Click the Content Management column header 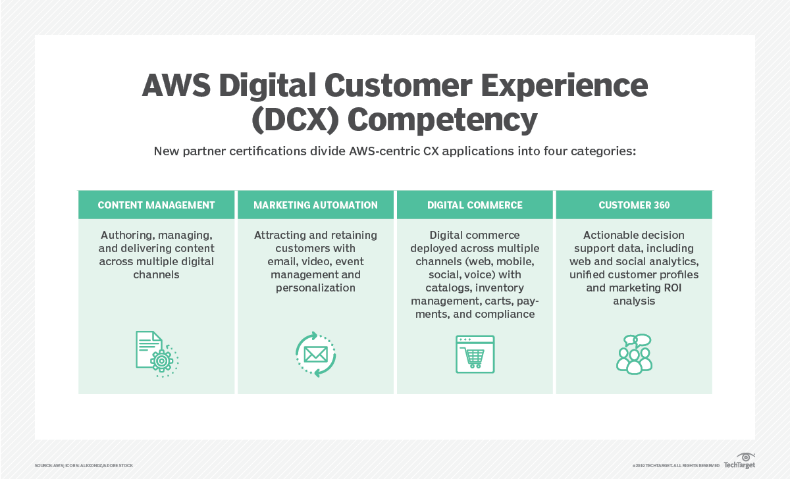point(156,205)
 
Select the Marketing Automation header point(315,205)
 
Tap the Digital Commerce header point(475,205)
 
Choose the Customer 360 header point(634,205)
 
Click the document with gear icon point(157,354)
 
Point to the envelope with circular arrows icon point(315,354)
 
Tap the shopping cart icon point(475,354)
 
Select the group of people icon point(634,354)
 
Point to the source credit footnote point(84,465)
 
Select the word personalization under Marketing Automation point(315,288)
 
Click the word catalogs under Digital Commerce point(444,288)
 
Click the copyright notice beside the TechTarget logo point(675,465)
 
